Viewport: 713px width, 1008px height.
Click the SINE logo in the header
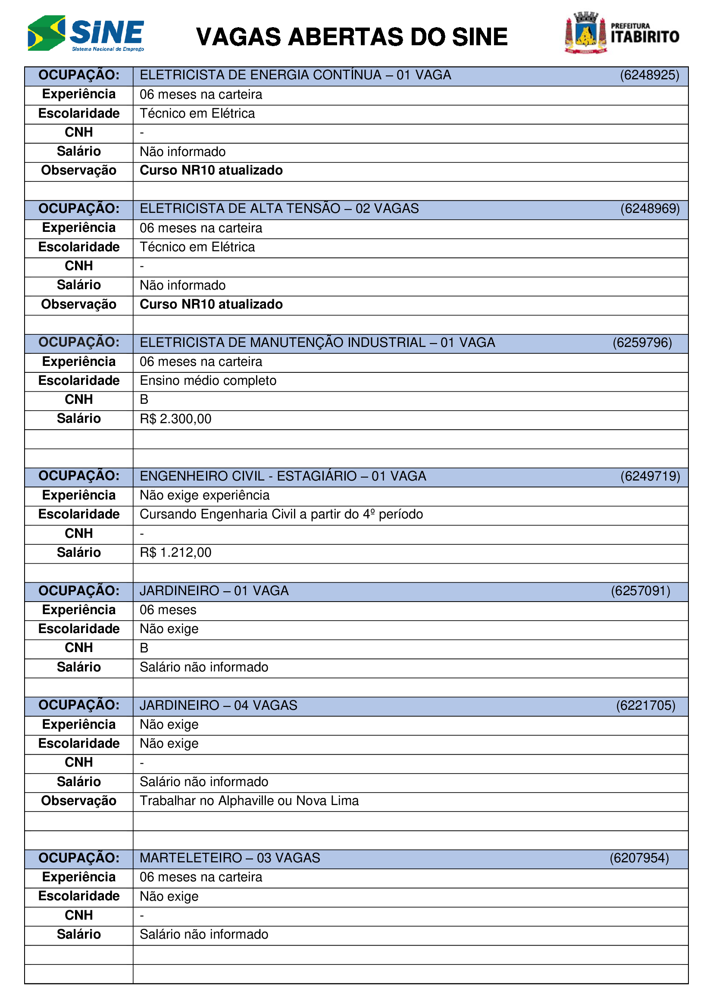pos(86,33)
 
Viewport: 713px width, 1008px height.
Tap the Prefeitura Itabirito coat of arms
pos(586,33)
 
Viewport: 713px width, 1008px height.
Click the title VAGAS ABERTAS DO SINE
pos(352,37)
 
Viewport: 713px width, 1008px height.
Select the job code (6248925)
pos(649,75)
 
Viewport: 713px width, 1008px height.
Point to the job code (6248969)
pos(650,209)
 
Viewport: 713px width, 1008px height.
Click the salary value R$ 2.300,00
pos(175,419)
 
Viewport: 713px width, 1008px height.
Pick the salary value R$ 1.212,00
pos(175,552)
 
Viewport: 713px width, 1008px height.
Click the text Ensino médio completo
pos(208,381)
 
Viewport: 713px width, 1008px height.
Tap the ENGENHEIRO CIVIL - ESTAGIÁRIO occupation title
pos(283,476)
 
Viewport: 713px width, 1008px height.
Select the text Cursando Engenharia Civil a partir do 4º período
pos(281,514)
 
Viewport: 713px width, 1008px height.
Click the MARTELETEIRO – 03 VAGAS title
pos(230,858)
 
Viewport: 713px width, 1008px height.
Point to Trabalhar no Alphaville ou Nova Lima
pos(249,801)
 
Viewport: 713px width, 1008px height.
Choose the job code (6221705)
pos(645,705)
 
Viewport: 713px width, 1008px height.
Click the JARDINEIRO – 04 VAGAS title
pos(218,705)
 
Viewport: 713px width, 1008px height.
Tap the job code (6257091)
pos(641,591)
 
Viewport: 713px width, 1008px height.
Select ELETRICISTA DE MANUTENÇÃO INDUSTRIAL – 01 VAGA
pos(317,343)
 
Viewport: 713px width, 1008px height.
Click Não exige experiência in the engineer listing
pos(205,495)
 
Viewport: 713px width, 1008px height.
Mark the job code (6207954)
pos(639,858)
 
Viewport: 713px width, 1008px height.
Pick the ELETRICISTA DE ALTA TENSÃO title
pos(279,209)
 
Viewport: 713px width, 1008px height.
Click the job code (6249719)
pos(650,476)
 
